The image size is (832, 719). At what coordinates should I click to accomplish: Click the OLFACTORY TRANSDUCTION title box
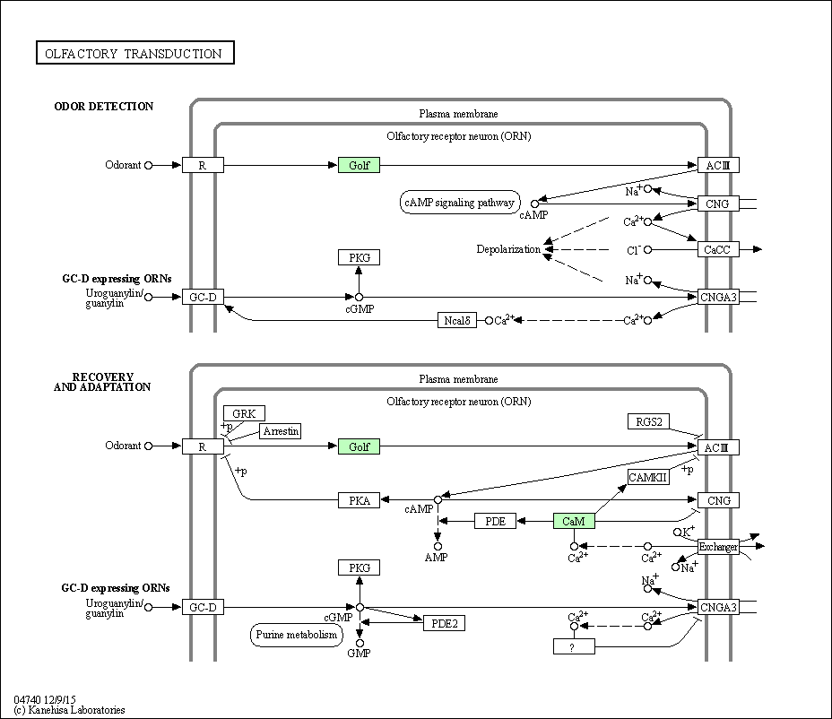pos(135,53)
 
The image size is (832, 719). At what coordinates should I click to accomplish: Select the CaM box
pos(574,521)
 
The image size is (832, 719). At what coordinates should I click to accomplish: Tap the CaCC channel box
pos(718,249)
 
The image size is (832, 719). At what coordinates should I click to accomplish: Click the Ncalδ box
pos(457,320)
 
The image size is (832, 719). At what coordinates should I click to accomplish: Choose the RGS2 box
pos(648,422)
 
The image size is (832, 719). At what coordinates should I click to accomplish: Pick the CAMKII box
pos(648,477)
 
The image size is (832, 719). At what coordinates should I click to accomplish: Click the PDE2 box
pos(444,623)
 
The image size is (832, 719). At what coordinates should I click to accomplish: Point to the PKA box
pos(360,500)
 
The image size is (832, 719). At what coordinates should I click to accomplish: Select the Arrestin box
pos(281,431)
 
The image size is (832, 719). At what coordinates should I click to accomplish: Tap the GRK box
pos(244,413)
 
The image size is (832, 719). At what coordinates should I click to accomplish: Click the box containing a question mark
pos(574,646)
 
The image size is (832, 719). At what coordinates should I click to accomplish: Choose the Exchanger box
pos(718,547)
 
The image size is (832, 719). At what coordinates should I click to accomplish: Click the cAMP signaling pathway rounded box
pos(460,203)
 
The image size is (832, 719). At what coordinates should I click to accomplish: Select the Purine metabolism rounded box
pos(297,635)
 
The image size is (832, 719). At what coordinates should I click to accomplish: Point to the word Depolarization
pos(508,249)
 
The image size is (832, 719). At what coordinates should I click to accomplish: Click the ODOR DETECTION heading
pos(103,106)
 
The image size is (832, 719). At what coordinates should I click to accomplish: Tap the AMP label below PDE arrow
pos(436,557)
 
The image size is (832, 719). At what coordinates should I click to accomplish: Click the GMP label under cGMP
pos(359,654)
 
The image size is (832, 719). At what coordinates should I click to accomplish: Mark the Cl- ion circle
pos(648,249)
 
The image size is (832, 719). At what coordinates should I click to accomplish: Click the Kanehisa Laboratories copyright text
pos(70,710)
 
